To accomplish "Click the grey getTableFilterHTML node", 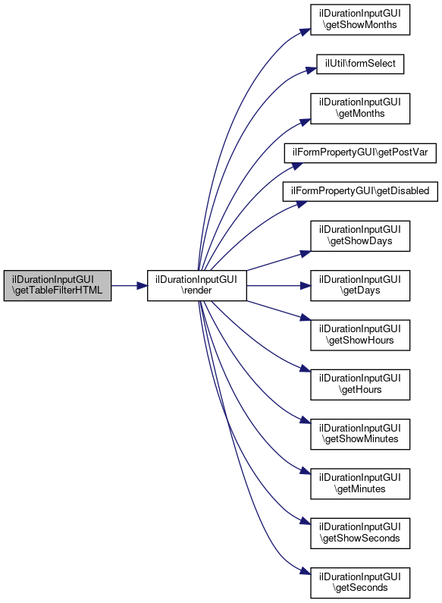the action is [58, 285].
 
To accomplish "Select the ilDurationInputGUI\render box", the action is [197, 285].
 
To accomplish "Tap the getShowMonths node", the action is [360, 20].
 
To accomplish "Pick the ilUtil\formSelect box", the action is [360, 64].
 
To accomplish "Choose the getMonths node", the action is [360, 108].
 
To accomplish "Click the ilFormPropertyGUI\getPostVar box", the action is [360, 152].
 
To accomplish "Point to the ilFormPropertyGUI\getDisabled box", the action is [360, 191].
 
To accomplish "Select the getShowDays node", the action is [360, 236].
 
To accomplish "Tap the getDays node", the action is [360, 285].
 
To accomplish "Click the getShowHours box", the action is [360, 335].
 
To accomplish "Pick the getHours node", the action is [360, 385].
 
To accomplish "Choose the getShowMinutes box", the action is [360, 434].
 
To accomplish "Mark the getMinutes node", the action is [360, 484].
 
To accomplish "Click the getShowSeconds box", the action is [360, 533].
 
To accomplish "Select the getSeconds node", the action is [360, 583].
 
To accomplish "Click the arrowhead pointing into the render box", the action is [143, 285].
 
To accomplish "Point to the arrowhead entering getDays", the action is [306, 285].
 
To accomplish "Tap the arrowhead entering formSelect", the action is [312, 70].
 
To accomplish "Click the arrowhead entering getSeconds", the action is [306, 572].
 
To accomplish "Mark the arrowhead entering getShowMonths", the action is [306, 32].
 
